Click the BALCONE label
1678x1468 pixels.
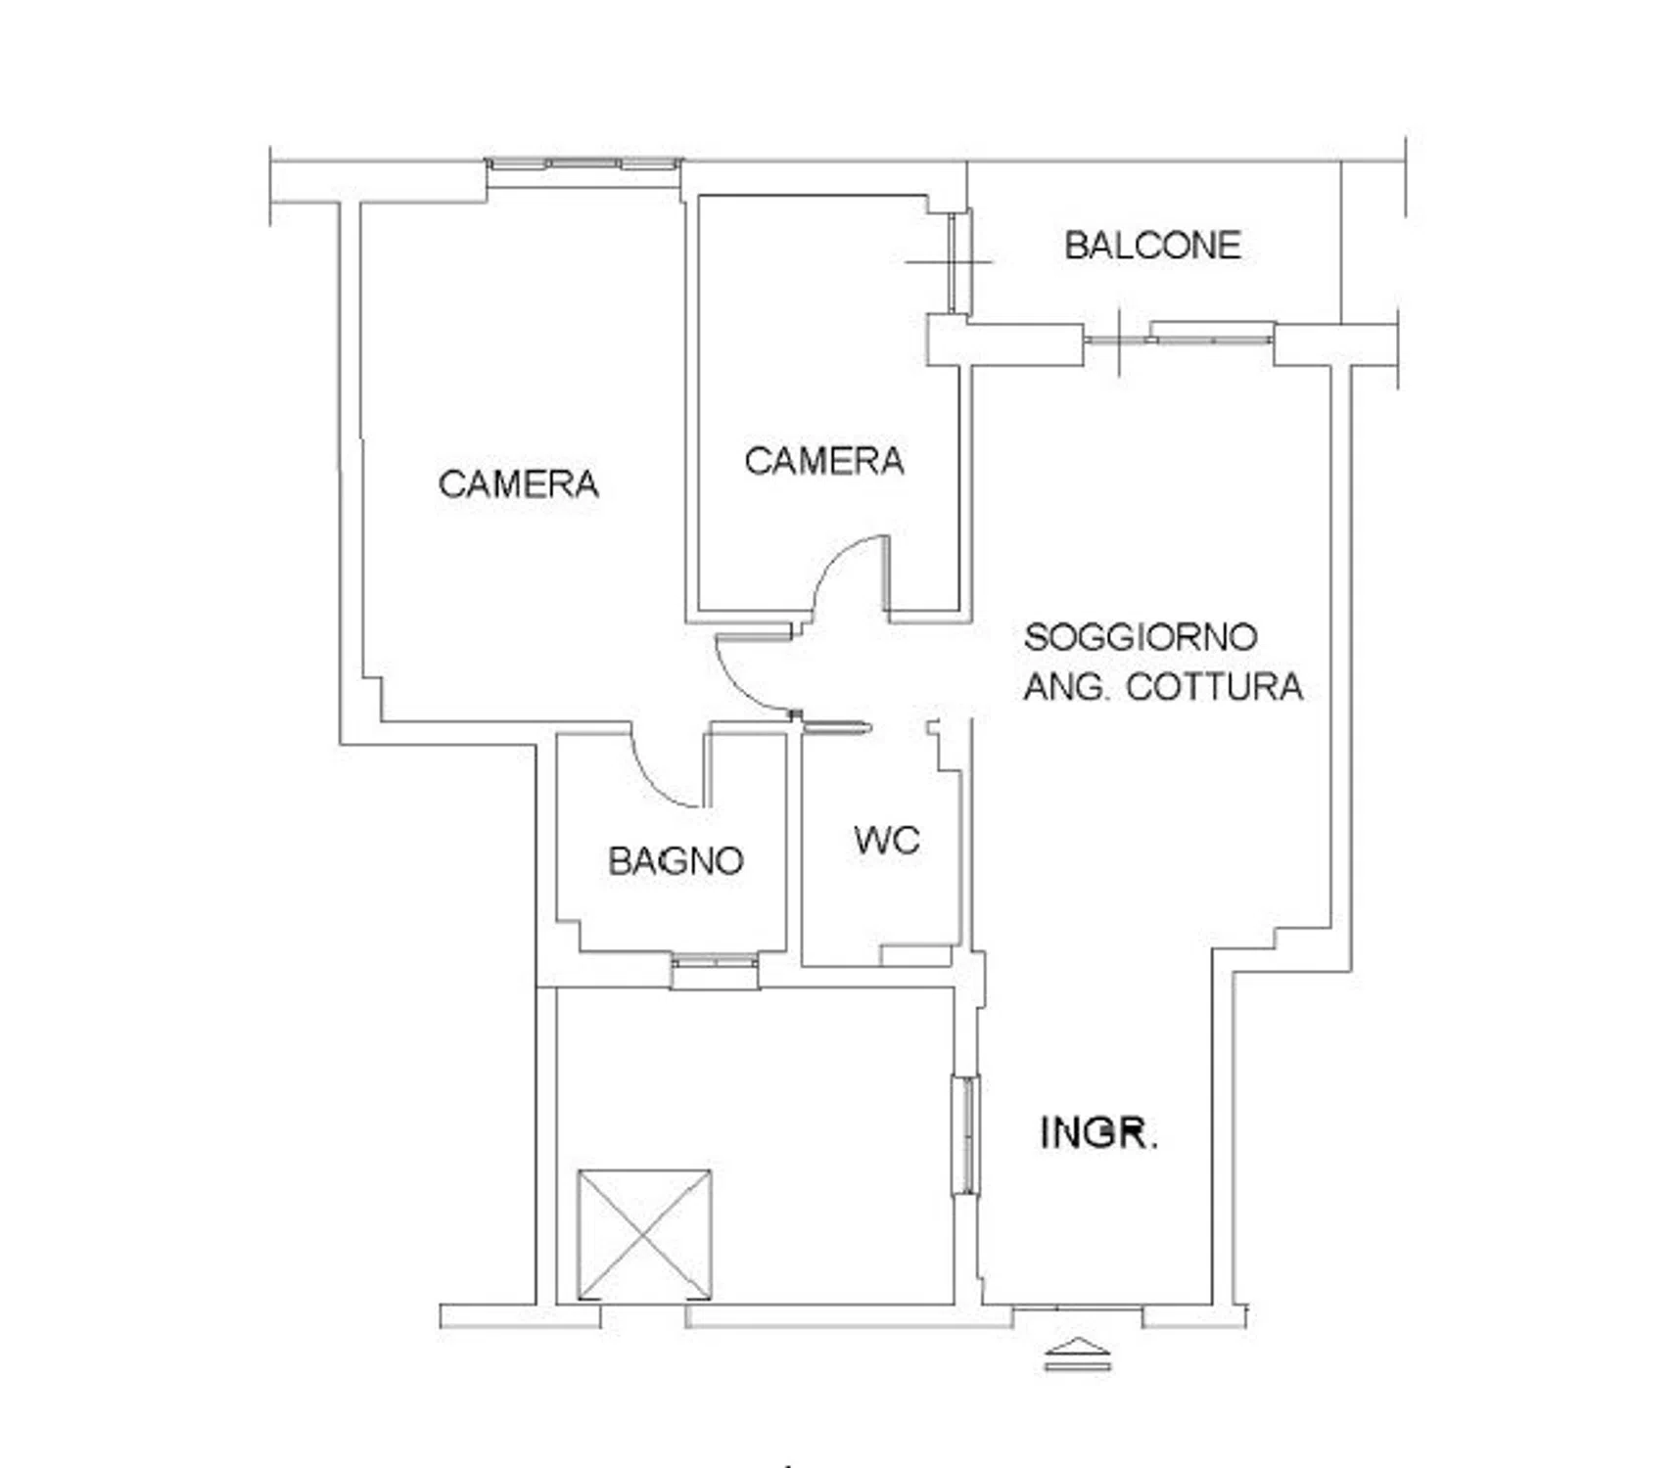pyautogui.click(x=1152, y=245)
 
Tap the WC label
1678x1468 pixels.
pyautogui.click(x=886, y=841)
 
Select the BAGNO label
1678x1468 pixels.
pyautogui.click(x=676, y=861)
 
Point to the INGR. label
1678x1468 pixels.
pyautogui.click(x=1098, y=1132)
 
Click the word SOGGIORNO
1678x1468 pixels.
pyautogui.click(x=1141, y=637)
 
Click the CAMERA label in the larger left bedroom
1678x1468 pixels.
pyautogui.click(x=518, y=483)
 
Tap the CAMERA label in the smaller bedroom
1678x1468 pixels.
pyautogui.click(x=823, y=461)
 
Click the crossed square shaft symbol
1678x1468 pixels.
pyautogui.click(x=644, y=1234)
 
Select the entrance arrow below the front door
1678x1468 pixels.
pyautogui.click(x=1077, y=1353)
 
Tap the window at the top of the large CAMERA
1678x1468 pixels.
pyautogui.click(x=584, y=164)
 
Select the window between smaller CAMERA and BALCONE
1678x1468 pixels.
pyautogui.click(x=959, y=262)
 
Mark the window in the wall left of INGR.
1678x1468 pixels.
pyautogui.click(x=966, y=1135)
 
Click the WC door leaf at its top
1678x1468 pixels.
pyautogui.click(x=835, y=726)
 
